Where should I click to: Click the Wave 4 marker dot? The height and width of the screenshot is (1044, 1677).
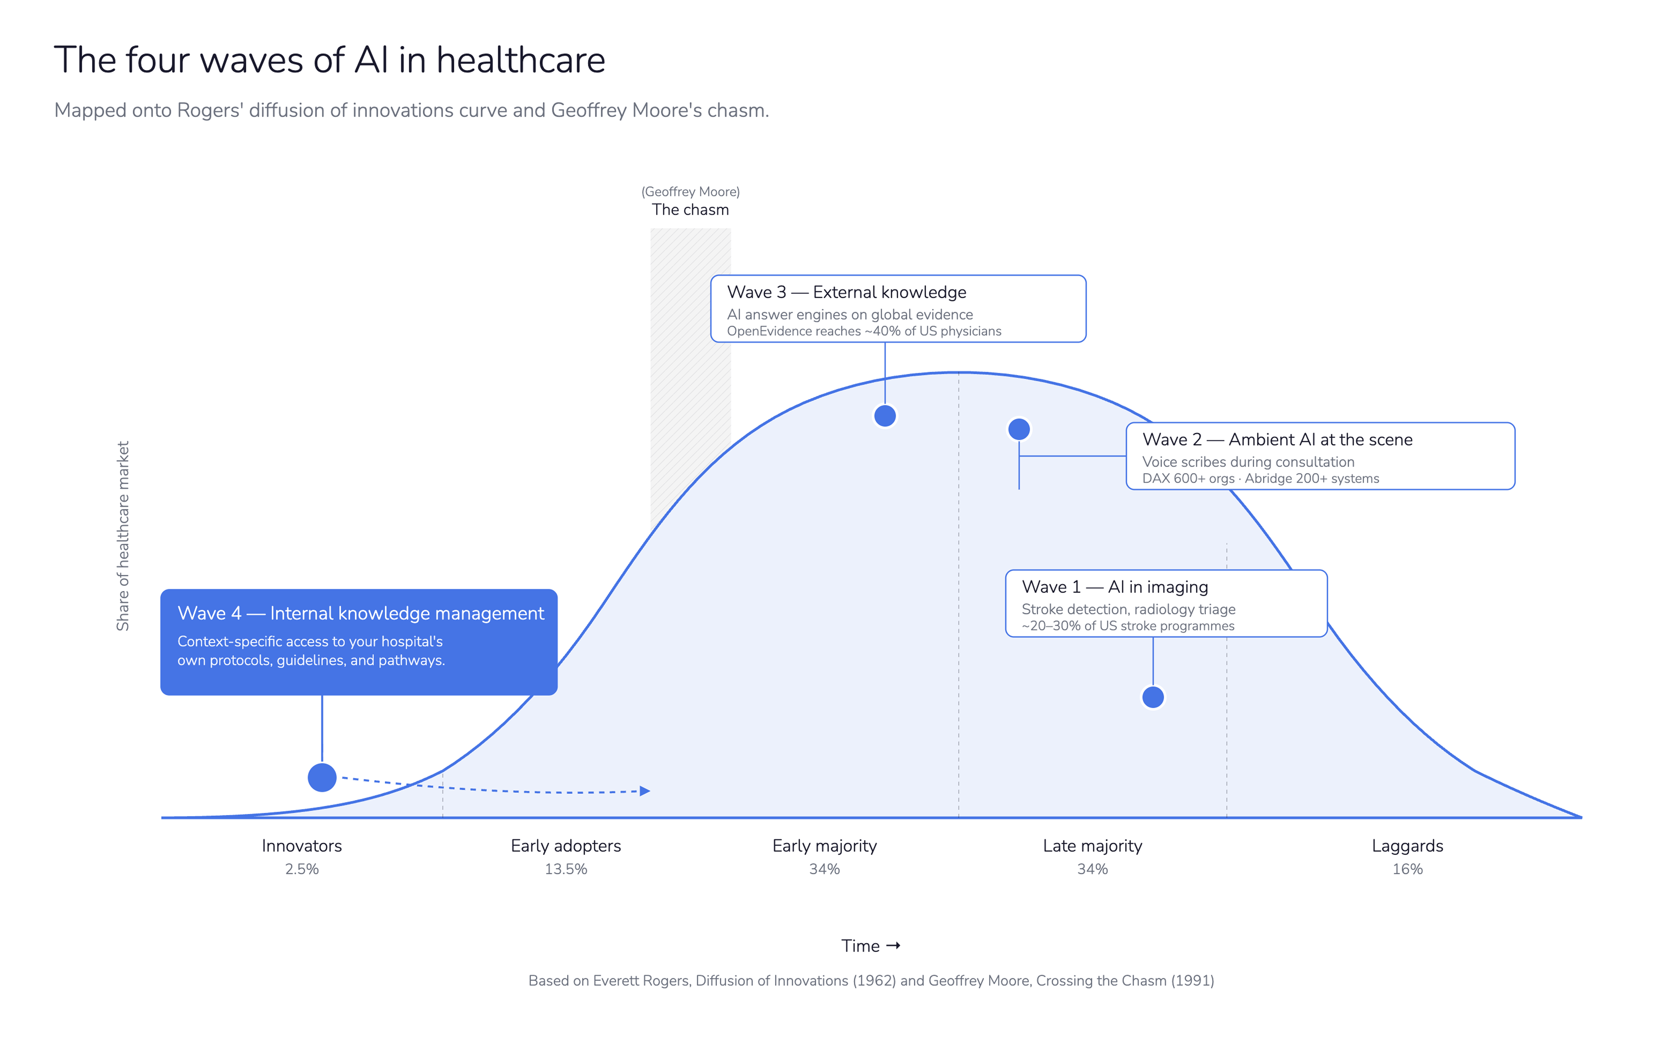pos(322,778)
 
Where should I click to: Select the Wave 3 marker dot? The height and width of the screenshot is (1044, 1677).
pos(885,416)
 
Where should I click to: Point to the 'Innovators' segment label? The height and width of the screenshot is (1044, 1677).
pos(302,846)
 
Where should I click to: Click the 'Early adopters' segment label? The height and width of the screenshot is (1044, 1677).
pos(566,846)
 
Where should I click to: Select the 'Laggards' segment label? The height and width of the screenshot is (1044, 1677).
pos(1407,846)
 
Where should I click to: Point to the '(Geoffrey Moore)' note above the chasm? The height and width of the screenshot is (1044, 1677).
pos(690,191)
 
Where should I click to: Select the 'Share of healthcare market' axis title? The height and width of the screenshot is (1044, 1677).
pos(123,536)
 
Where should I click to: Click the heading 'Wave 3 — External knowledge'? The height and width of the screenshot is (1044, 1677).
pos(846,292)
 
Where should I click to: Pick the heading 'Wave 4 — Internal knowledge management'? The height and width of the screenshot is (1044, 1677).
pos(360,613)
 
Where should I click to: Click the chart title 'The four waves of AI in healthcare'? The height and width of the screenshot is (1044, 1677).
pos(330,60)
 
